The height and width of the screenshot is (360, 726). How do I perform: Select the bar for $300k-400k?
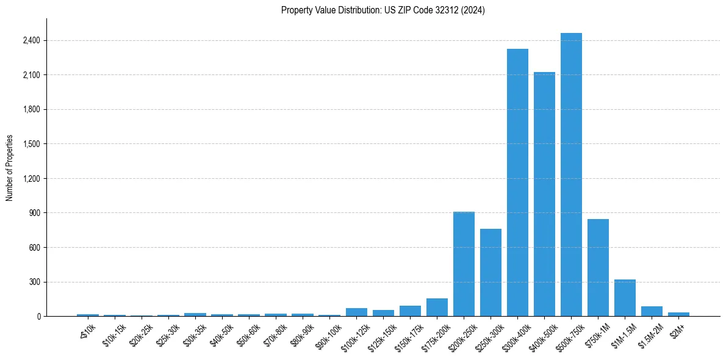pyautogui.click(x=517, y=182)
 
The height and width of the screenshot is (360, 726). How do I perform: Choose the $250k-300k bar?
pyautogui.click(x=491, y=272)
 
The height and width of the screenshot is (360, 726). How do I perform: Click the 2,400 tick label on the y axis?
pyautogui.click(x=31, y=41)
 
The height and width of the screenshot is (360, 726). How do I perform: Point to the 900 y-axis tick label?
pyautogui.click(x=34, y=213)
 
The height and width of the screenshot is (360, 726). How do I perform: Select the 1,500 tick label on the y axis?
pyautogui.click(x=31, y=144)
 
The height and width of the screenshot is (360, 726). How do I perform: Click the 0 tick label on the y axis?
pyautogui.click(x=38, y=317)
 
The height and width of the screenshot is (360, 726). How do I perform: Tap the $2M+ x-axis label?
pyautogui.click(x=677, y=329)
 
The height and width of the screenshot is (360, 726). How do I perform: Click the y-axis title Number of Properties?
pyautogui.click(x=10, y=168)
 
